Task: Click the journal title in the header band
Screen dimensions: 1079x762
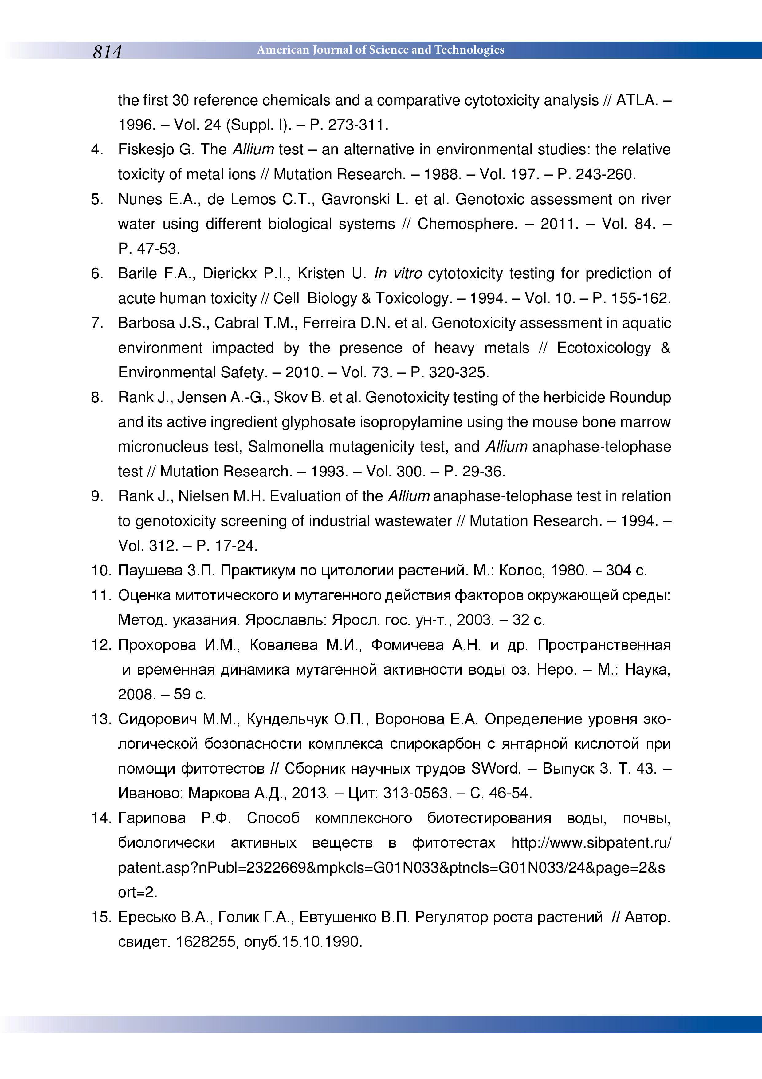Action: [380, 50]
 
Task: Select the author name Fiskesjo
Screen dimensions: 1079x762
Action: [146, 150]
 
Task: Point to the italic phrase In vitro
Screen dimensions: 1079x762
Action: [398, 273]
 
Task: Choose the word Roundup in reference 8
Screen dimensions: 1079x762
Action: [640, 398]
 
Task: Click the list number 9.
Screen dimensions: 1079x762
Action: [97, 496]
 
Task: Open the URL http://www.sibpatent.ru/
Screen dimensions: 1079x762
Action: [591, 843]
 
